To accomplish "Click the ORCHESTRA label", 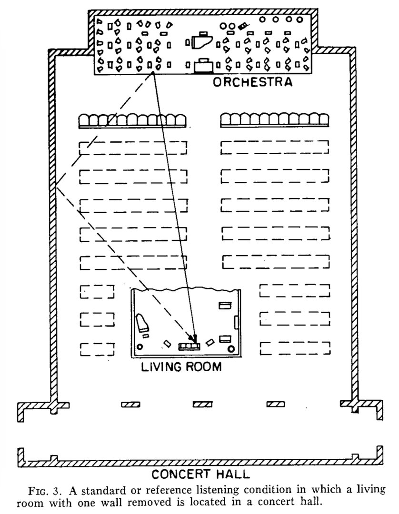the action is pos(252,82).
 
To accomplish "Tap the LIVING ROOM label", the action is pos(181,366).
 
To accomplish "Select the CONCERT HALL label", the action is pos(200,474).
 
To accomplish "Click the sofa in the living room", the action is pos(189,346).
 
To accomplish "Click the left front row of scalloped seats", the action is pos(132,120).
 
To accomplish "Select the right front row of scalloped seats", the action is pos(275,120).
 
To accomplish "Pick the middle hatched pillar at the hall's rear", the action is pos(202,405).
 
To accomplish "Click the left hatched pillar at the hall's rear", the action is pos(130,405).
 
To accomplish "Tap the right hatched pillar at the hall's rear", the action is pos(275,405).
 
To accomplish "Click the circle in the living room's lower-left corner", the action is pos(140,347).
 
